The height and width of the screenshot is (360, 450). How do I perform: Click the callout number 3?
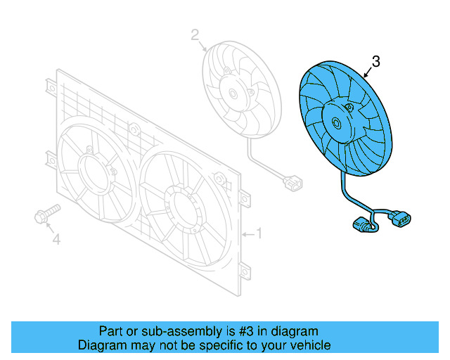point(375,63)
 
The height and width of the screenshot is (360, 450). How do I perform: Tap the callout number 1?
point(258,233)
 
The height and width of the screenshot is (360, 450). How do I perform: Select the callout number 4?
point(57,240)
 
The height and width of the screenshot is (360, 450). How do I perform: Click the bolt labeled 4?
point(44,214)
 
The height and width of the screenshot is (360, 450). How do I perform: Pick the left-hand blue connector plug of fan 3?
point(362,227)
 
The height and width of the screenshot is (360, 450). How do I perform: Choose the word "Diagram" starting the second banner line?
point(100,345)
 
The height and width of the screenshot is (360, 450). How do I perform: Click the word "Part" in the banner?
point(110,331)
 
